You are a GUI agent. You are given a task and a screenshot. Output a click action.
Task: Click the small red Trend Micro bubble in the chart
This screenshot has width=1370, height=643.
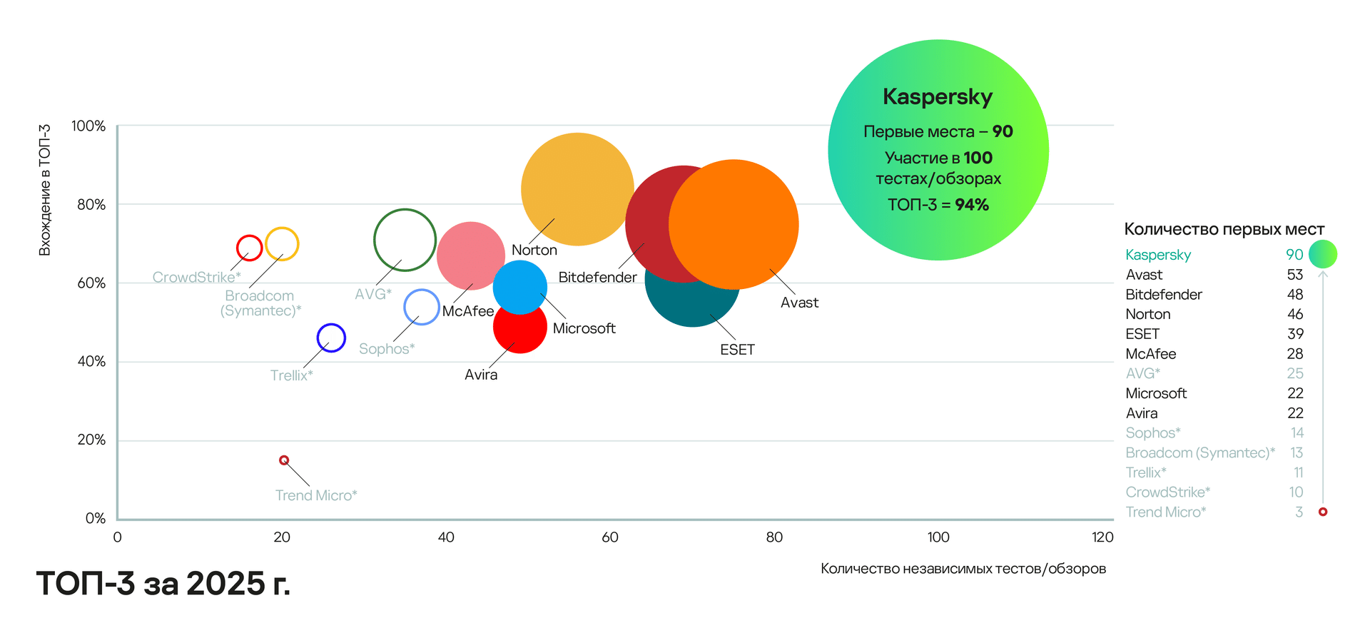pyautogui.click(x=284, y=460)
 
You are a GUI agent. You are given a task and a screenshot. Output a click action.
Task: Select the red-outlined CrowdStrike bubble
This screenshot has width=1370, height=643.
pyautogui.click(x=249, y=248)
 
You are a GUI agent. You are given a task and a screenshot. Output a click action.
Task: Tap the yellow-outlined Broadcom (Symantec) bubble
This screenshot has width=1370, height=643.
pyautogui.click(x=282, y=244)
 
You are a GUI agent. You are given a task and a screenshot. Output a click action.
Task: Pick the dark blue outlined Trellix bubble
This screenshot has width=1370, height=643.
pyautogui.click(x=331, y=338)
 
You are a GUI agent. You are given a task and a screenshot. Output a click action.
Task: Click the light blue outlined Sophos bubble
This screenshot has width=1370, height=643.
pyautogui.click(x=422, y=307)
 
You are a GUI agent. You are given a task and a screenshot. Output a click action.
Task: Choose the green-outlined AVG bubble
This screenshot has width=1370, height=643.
pyautogui.click(x=405, y=240)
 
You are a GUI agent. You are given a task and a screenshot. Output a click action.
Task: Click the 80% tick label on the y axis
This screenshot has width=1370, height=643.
pyautogui.click(x=91, y=205)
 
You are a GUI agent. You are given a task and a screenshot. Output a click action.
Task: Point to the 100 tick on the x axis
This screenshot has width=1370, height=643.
pyautogui.click(x=938, y=537)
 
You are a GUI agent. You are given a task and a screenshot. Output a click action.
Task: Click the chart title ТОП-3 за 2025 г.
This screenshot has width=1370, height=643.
pyautogui.click(x=163, y=584)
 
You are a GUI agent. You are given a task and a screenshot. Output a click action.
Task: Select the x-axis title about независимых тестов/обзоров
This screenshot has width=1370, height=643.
pyautogui.click(x=963, y=569)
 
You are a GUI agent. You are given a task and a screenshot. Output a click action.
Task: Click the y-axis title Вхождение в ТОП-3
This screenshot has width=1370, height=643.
pyautogui.click(x=45, y=190)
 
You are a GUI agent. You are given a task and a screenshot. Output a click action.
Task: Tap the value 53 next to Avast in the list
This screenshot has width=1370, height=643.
pyautogui.click(x=1295, y=275)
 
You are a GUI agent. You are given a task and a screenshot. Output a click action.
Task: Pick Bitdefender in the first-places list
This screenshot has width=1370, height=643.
pyautogui.click(x=1164, y=295)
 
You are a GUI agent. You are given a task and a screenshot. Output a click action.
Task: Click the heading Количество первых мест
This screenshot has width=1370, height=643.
pyautogui.click(x=1224, y=229)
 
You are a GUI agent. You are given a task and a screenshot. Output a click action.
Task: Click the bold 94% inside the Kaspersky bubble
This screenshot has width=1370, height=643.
pyautogui.click(x=972, y=205)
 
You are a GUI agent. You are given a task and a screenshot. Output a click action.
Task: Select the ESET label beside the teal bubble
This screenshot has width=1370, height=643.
pyautogui.click(x=737, y=350)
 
